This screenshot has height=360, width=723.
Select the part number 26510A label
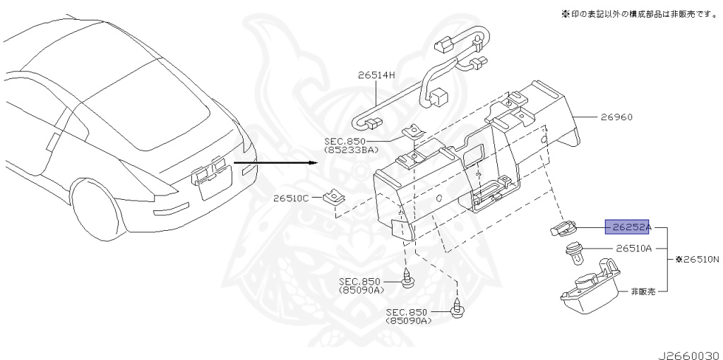coord(634,248)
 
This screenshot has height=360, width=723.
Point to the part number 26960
coord(616,117)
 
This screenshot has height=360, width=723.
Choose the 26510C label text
coord(290,198)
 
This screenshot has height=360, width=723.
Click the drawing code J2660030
coord(689,355)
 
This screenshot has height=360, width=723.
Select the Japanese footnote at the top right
coord(640,14)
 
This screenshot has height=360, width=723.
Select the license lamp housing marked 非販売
coord(590,286)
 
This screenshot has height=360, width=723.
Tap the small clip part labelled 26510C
coord(334,198)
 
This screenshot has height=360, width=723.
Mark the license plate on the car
coord(216,184)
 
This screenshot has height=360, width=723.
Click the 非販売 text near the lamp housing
coord(643,292)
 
